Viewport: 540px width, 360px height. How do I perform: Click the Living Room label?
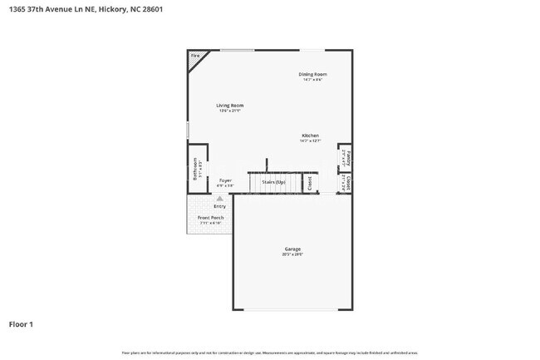coord(229,106)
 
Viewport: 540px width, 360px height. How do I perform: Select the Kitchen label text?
coord(310,136)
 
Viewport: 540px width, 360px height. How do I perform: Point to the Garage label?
coord(292,249)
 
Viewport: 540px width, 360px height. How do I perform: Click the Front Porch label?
coord(210,218)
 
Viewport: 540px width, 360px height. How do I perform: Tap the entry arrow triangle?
coord(219,199)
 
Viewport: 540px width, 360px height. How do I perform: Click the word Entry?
coord(219,206)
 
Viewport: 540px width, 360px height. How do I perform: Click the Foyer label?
coord(225,180)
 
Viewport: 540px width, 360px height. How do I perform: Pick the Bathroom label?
coord(195,170)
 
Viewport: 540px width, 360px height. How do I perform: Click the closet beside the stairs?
coord(309,181)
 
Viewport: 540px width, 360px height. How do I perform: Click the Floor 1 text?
coord(21,324)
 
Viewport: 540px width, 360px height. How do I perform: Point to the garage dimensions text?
coord(292,255)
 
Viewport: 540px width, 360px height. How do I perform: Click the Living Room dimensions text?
coord(229,111)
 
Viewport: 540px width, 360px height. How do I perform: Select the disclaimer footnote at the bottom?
coord(270,353)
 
